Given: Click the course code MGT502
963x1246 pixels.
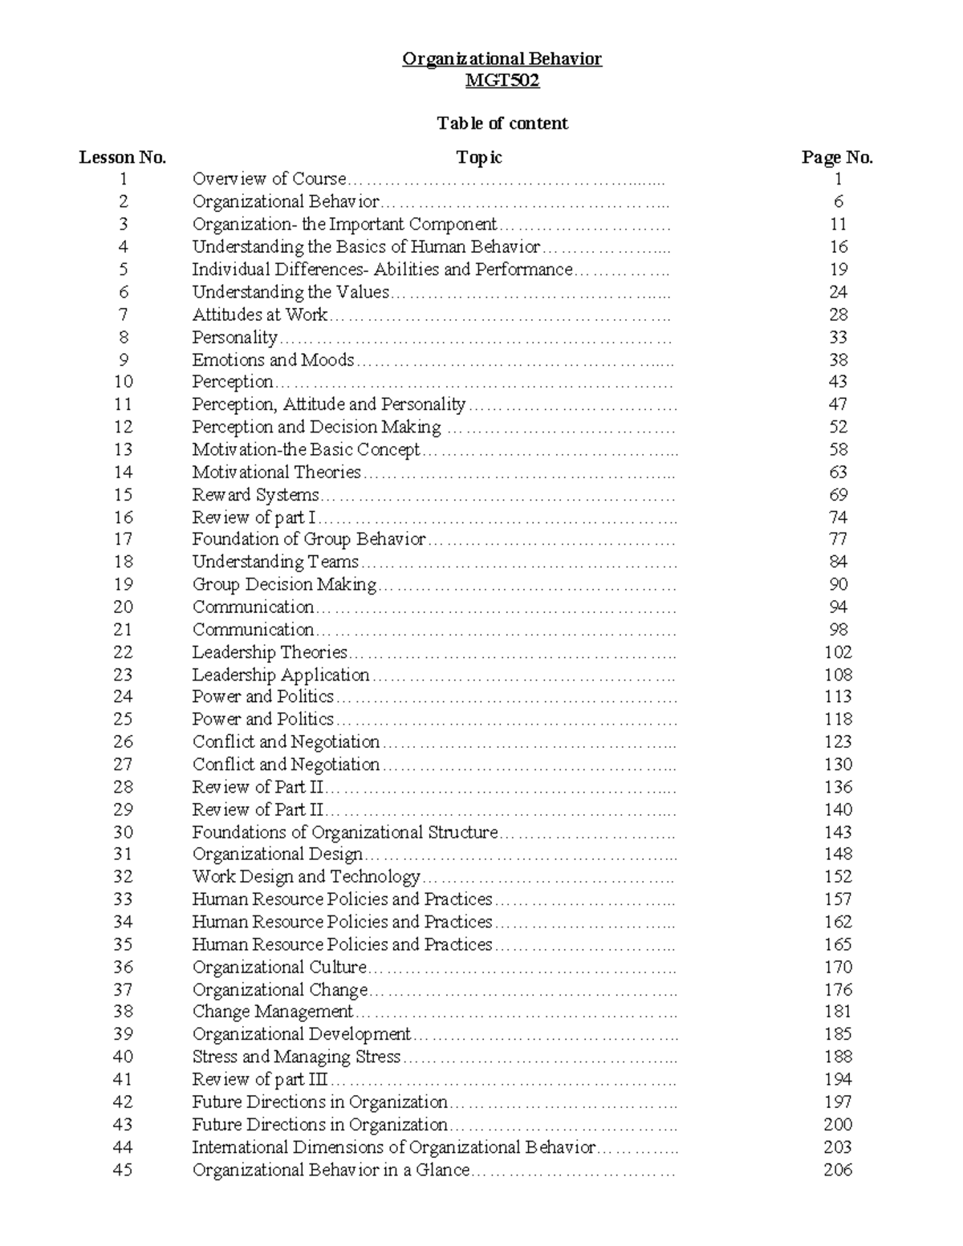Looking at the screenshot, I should [x=502, y=81].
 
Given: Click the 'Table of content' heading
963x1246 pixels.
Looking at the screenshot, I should [x=502, y=124].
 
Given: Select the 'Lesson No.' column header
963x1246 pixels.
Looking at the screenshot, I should [x=123, y=157].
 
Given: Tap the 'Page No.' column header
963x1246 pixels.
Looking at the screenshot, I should [x=837, y=157].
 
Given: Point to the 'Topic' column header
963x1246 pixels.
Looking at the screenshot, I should [x=479, y=157].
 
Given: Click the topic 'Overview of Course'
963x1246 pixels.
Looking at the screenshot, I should [x=269, y=179].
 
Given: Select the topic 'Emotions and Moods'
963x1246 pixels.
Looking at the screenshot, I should [x=273, y=360].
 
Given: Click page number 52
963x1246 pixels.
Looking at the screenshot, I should [x=838, y=427].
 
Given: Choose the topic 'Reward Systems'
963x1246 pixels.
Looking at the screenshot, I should [x=255, y=495].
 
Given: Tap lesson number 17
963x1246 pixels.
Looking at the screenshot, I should [x=123, y=539].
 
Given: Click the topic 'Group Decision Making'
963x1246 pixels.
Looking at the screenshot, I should [x=284, y=585].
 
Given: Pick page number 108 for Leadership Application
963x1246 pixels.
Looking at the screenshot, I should [x=838, y=675].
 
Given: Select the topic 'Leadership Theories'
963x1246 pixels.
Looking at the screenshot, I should [x=270, y=652].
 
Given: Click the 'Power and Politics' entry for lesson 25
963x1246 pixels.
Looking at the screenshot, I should [x=262, y=720].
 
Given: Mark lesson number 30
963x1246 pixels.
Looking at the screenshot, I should [x=123, y=832].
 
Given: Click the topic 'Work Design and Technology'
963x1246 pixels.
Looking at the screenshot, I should [x=306, y=877].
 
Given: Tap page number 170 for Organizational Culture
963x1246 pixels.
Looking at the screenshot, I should [x=838, y=967].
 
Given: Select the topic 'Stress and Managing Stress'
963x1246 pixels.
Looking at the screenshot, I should [x=296, y=1057].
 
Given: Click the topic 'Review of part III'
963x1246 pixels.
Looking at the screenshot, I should [x=261, y=1080].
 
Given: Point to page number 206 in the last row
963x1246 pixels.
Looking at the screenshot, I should [x=838, y=1170].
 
